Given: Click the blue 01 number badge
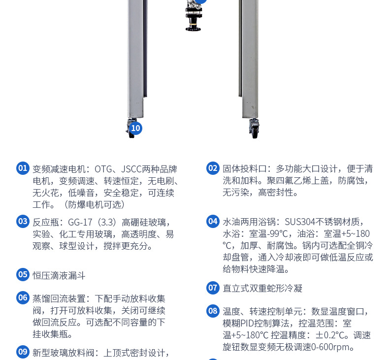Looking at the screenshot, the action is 23,168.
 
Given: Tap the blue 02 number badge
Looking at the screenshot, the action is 213,168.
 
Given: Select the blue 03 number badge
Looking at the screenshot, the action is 23,221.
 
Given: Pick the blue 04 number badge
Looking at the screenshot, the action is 213,221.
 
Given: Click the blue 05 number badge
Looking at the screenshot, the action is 23,275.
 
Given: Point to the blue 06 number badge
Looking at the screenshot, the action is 23,298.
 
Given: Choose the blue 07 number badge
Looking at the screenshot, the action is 213,288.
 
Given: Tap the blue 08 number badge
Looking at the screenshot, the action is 213,311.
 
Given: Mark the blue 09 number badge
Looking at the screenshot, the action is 23,352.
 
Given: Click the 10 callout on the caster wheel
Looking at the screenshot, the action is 135,128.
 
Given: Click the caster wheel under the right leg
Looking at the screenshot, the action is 254,129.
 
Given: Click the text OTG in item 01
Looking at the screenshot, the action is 103,169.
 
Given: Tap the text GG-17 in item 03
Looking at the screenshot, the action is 80,222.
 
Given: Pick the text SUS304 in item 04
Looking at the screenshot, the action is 300,222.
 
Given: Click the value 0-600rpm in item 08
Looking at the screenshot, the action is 332,347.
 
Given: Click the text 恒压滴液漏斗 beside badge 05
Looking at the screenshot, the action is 59,276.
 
